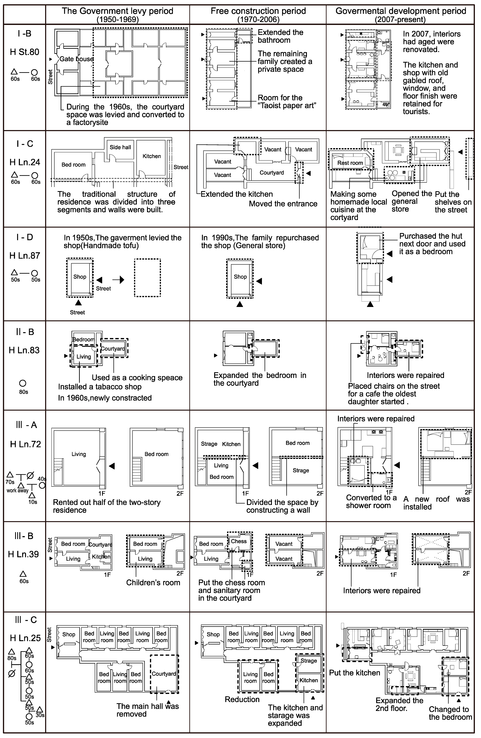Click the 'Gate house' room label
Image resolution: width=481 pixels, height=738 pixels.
tap(76, 59)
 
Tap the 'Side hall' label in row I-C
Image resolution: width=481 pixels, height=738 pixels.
tap(120, 147)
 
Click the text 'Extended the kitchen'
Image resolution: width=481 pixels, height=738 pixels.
tap(237, 194)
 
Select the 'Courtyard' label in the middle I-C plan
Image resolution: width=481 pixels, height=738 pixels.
tap(272, 173)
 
